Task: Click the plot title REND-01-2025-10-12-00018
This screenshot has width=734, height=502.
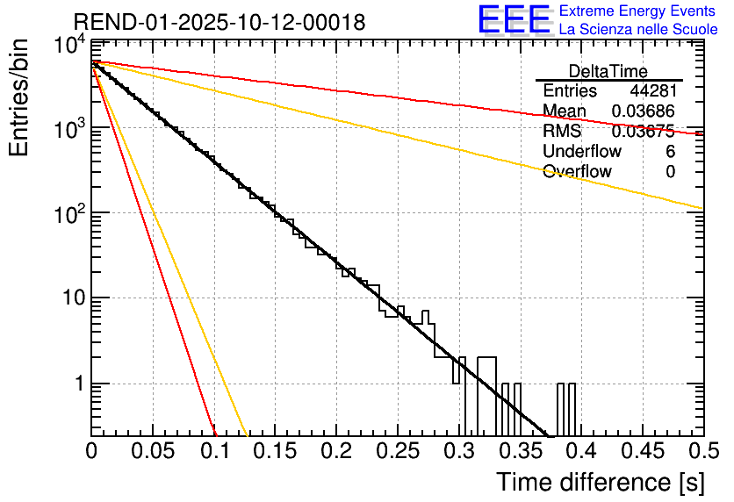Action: [x=219, y=23]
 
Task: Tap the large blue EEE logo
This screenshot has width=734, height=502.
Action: [x=513, y=19]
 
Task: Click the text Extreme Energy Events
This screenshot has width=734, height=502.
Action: [x=637, y=11]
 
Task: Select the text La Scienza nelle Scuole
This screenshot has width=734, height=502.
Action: [x=637, y=30]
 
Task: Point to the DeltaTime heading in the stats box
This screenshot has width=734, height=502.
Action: [x=608, y=71]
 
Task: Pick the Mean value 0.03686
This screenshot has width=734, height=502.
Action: [x=644, y=111]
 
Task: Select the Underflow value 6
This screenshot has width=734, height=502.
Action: [x=670, y=152]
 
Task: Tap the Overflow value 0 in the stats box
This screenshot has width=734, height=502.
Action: [x=670, y=172]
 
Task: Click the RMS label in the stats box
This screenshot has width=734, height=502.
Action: [x=562, y=132]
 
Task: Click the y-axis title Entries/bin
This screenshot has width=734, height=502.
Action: [x=25, y=97]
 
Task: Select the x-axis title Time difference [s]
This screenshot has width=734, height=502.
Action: [x=599, y=482]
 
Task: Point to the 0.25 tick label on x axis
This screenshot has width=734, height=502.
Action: [x=398, y=451]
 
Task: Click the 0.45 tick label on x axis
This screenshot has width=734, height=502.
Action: [x=642, y=451]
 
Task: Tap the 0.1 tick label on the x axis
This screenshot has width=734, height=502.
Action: [x=214, y=451]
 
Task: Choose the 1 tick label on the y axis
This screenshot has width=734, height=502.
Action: [x=77, y=384]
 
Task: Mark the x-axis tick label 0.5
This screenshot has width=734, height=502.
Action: [x=703, y=451]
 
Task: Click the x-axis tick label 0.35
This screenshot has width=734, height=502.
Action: [x=520, y=451]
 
